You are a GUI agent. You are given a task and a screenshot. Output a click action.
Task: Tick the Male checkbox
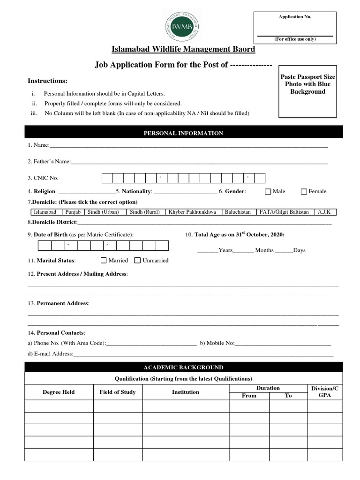(x=268, y=191)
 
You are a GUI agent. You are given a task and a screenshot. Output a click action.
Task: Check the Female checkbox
(x=304, y=191)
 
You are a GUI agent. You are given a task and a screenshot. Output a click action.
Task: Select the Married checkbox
(x=104, y=260)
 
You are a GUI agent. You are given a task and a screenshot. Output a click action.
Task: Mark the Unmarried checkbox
(x=138, y=260)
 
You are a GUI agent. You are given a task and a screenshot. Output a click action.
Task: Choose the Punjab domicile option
(x=74, y=212)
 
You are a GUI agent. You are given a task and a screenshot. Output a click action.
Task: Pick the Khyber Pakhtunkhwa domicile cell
(x=193, y=212)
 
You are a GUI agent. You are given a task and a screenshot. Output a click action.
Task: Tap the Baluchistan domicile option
(x=238, y=212)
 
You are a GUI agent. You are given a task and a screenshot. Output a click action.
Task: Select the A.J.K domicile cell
(x=324, y=212)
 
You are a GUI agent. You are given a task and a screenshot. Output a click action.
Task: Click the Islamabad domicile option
(x=45, y=212)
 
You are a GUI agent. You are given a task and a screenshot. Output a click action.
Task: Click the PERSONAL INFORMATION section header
(x=183, y=133)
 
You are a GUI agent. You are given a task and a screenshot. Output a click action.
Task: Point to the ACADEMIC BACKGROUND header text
(x=183, y=367)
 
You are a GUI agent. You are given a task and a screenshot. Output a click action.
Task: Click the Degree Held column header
(x=59, y=392)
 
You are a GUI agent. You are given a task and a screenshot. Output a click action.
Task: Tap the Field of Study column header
(x=118, y=392)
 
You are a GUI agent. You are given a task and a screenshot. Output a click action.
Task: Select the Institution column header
(x=186, y=392)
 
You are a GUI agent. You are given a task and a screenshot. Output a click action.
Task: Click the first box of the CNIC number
(x=107, y=178)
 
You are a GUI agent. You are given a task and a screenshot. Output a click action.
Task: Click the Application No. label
(x=295, y=17)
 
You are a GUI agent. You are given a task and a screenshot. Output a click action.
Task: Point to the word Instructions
(x=47, y=81)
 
